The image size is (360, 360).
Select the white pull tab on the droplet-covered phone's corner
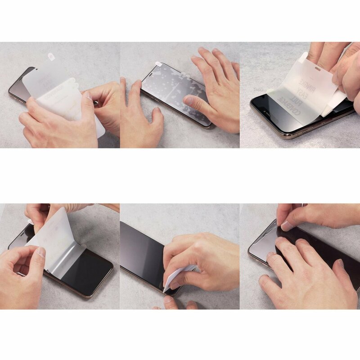point(158,64)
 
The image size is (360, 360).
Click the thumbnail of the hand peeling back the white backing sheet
point(41,252)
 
